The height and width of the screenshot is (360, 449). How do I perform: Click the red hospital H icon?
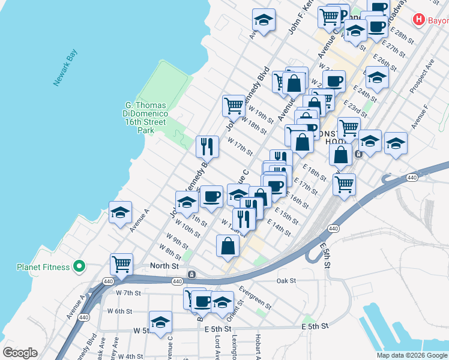pos(419,20)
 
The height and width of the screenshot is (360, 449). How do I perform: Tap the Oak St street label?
pos(286,280)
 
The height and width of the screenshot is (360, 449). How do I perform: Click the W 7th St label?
pos(127,293)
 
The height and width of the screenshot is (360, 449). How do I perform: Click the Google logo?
pos(20,353)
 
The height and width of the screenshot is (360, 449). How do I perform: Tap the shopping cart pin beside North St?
pos(121,264)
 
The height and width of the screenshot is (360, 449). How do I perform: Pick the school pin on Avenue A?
pos(120,212)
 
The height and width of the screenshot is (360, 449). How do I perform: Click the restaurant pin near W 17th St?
pos(206,145)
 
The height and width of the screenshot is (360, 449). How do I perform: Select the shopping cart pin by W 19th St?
pos(233,106)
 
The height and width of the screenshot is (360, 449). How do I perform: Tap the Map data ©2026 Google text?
pos(412,355)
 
